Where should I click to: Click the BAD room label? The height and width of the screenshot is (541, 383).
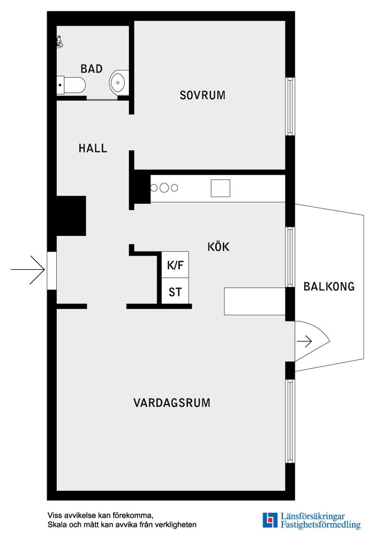[91, 69]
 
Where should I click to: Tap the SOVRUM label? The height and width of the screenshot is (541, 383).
[202, 95]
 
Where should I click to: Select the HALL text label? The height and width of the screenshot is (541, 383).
[93, 148]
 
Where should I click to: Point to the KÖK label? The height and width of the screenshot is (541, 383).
[218, 247]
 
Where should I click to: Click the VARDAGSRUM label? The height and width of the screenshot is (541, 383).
[172, 403]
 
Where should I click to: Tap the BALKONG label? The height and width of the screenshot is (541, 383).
[329, 286]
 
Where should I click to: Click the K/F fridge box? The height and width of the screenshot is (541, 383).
[175, 266]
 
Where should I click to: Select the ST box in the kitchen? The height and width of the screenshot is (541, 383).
[175, 292]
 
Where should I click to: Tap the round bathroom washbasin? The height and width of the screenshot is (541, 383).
[118, 83]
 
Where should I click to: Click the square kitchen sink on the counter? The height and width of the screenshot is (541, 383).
[220, 188]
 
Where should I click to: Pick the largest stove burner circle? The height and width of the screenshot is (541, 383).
[163, 188]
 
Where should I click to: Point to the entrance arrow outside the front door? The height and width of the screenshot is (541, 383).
[28, 269]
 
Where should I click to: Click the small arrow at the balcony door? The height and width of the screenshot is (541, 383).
[305, 342]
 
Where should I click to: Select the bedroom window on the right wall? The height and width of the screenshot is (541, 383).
[290, 106]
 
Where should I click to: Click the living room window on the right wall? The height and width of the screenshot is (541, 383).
[290, 421]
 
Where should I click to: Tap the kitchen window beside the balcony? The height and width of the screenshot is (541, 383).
[290, 257]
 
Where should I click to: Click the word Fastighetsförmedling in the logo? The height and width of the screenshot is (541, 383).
[320, 525]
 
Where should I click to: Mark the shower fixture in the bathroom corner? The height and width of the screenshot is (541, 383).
[59, 42]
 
